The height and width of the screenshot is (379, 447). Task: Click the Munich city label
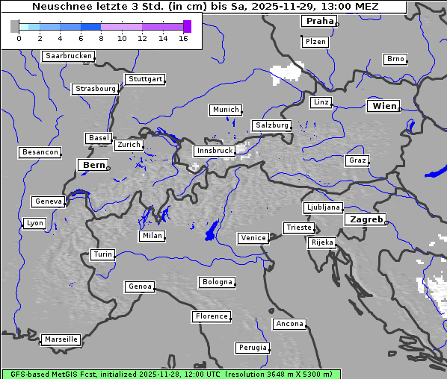tap(226, 110)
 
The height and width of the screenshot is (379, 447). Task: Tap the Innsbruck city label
tap(214, 151)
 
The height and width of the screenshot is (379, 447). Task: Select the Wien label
tap(384, 107)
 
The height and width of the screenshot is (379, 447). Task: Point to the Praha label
tap(319, 21)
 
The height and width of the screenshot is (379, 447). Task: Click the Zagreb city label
tap(366, 219)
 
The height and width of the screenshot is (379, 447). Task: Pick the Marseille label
tap(61, 339)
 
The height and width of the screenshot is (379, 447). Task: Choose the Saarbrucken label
tap(69, 56)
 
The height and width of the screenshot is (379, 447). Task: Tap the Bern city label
tap(93, 165)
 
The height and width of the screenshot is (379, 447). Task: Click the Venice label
tap(253, 238)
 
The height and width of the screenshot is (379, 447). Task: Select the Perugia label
tap(253, 348)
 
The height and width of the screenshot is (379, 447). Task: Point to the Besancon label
tap(40, 152)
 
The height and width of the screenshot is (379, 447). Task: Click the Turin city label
tap(102, 254)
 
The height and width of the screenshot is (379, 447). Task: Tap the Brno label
tap(395, 59)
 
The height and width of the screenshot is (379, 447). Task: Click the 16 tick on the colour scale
tap(184, 37)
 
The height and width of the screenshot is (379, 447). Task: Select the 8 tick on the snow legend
tap(101, 37)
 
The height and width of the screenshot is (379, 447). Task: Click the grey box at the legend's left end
tap(15, 26)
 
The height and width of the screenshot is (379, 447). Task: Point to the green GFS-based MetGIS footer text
tap(171, 374)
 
